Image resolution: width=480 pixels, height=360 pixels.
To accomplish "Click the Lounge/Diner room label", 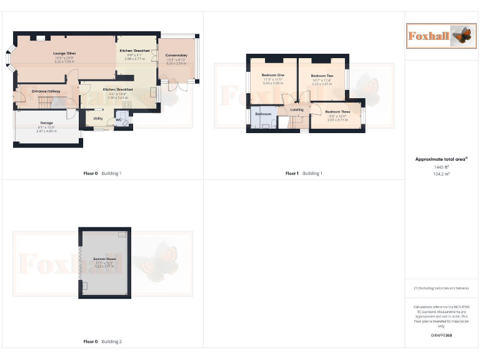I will click(64, 54).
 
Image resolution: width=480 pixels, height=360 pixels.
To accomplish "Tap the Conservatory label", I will click(176, 55).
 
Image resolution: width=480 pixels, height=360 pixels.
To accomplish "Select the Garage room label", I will click(46, 122).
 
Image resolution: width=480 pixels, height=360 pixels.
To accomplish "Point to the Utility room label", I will click(98, 118).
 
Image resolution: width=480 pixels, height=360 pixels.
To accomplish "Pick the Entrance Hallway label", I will click(45, 92).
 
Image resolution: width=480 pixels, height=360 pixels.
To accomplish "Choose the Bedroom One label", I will click(272, 76).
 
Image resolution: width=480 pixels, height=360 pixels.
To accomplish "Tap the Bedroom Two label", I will click(322, 76).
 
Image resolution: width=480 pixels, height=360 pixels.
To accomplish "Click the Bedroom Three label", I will click(337, 112).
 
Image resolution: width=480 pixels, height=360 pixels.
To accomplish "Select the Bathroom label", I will click(263, 114).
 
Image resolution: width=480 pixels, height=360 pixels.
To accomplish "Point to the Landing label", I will click(297, 109).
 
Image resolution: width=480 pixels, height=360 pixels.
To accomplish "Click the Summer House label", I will click(104, 258).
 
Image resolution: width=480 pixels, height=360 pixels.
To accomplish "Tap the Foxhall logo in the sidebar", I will click(439, 36).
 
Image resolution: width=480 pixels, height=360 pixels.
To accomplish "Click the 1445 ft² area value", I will click(441, 167).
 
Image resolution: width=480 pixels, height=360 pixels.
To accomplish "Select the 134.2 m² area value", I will click(441, 174).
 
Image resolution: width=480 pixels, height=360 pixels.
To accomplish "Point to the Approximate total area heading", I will click(441, 159).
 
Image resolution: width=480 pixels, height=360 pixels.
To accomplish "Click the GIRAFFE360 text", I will click(441, 336).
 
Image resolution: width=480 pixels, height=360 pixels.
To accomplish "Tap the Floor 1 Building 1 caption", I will click(304, 173).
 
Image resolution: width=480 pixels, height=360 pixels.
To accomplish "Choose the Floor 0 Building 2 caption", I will click(102, 342).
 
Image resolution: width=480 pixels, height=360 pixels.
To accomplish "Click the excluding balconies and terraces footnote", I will click(441, 288).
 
